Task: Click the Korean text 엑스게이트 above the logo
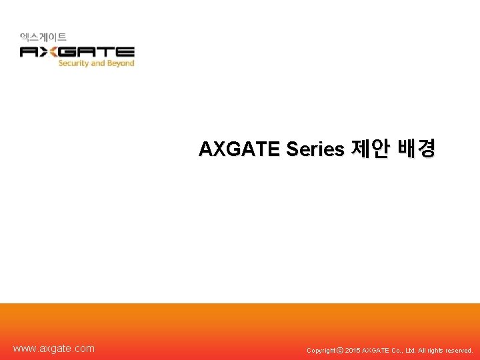coord(43,38)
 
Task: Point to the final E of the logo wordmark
coord(125,52)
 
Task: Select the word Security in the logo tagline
coord(73,63)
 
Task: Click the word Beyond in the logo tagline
coord(121,63)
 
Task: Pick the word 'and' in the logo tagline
coord(97,63)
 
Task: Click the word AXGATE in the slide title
coord(239,149)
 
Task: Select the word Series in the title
coord(315,149)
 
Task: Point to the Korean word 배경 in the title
coord(417,149)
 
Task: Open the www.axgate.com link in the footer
coord(54,349)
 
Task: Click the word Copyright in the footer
coord(321,351)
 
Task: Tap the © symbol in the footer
coord(340,351)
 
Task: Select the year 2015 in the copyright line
coord(352,351)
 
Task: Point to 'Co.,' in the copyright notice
coord(398,351)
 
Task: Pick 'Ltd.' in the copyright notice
coord(411,351)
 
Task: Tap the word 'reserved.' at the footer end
coord(461,351)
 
